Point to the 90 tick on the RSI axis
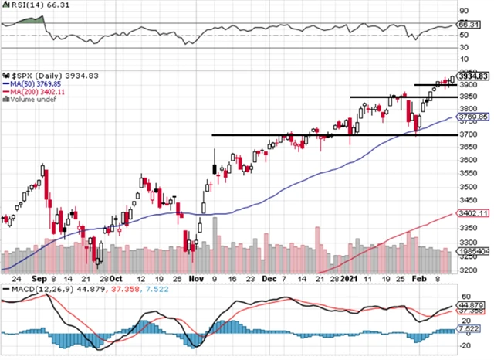tap(465, 12)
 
